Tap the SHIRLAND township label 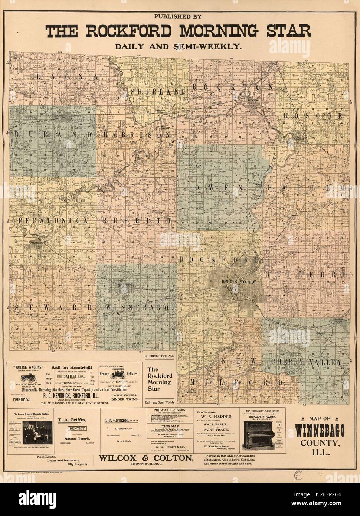pyautogui.click(x=157, y=91)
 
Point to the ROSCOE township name pyautogui.click(x=312, y=116)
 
